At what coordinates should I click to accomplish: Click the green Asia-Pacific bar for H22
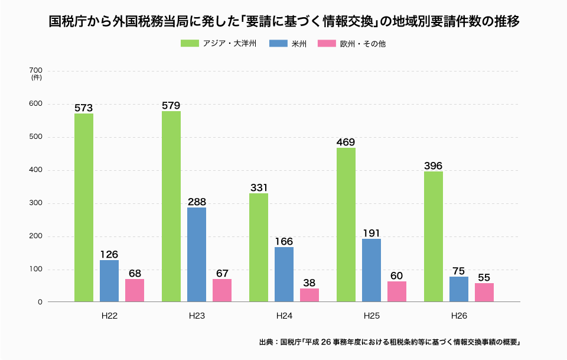coord(84,207)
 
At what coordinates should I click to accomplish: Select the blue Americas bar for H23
coord(197,254)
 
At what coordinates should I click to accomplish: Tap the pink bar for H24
coord(309,295)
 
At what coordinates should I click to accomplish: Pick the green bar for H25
coord(346,225)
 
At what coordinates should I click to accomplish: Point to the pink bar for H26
coord(484,292)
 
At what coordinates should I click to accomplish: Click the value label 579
coord(171,106)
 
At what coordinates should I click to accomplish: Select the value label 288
coord(197,202)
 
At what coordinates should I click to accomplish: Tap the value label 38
coord(309,283)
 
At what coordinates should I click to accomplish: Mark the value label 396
coord(433,166)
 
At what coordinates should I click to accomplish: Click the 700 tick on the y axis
coord(35,71)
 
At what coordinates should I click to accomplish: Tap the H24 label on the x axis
coord(284,316)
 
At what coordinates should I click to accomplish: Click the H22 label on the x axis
coord(109,316)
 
